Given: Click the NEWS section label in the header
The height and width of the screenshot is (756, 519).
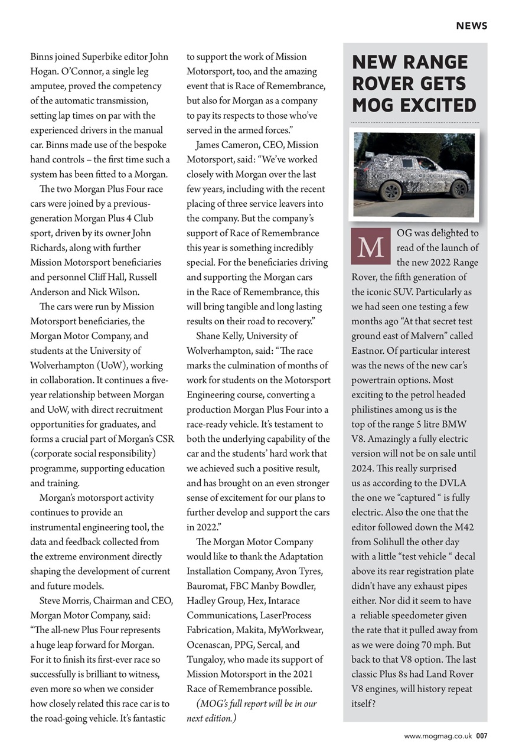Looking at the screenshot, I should pos(471,25).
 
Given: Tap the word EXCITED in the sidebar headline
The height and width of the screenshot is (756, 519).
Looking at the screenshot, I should pos(438,105).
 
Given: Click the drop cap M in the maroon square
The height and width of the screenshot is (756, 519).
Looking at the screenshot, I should pos(370,246).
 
